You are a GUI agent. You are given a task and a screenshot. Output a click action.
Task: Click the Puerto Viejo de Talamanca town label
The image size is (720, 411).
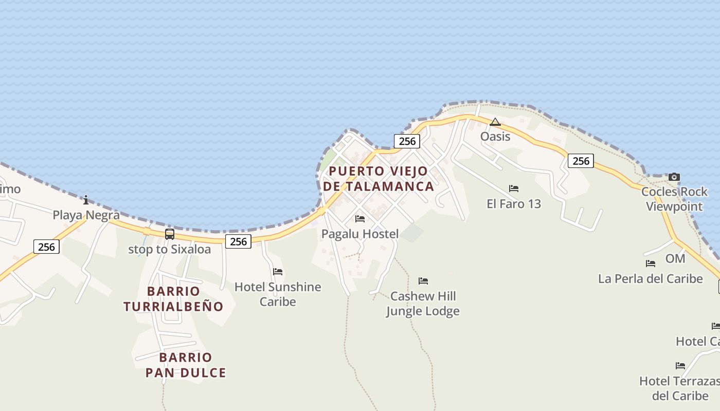click(378, 178)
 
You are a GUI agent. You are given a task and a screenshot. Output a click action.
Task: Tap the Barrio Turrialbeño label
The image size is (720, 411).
click(173, 299)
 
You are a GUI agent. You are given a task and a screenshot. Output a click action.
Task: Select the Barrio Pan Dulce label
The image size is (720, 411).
click(186, 365)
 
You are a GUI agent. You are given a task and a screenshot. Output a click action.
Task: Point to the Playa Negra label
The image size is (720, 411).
click(86, 215)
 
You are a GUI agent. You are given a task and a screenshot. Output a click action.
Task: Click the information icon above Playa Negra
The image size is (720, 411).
click(86, 200)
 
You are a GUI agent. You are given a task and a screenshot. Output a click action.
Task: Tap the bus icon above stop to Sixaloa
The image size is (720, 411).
click(170, 234)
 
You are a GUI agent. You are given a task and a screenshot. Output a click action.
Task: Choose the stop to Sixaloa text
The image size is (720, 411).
click(169, 250)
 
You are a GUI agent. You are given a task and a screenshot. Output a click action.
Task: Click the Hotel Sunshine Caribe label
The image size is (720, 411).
click(278, 294)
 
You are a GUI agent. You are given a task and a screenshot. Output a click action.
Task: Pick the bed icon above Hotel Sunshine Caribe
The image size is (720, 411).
click(278, 271)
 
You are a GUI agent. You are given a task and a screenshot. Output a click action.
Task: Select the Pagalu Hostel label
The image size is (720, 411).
click(360, 234)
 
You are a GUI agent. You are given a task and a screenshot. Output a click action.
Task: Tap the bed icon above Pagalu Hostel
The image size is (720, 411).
click(360, 219)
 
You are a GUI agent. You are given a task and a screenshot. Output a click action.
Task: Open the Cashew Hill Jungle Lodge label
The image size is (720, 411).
click(423, 304)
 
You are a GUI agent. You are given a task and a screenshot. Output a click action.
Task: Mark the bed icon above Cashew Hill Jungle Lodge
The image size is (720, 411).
click(423, 281)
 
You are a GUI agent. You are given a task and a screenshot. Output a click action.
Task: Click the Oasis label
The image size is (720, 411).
click(495, 137)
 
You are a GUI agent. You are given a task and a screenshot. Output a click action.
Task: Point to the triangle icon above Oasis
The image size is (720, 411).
click(495, 122)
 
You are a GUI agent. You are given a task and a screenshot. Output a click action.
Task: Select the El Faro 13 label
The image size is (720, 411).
click(514, 204)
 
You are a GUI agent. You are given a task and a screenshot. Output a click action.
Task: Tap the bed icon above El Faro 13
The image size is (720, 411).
click(514, 189)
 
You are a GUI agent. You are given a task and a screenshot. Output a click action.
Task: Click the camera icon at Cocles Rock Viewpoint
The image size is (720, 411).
click(674, 177)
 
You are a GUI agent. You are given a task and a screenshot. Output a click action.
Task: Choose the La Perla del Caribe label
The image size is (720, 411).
click(650, 279)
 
